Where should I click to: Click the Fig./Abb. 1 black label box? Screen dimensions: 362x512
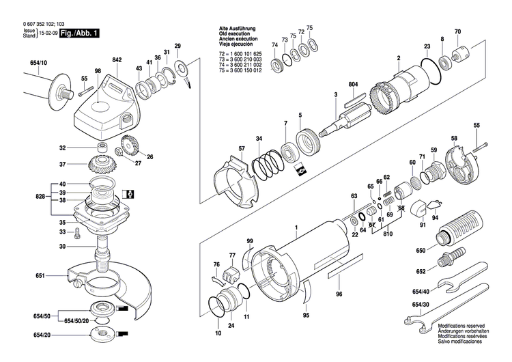79,33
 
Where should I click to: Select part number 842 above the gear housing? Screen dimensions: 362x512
117,60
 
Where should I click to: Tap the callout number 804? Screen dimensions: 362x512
353,83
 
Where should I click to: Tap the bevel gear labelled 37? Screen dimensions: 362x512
102,165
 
